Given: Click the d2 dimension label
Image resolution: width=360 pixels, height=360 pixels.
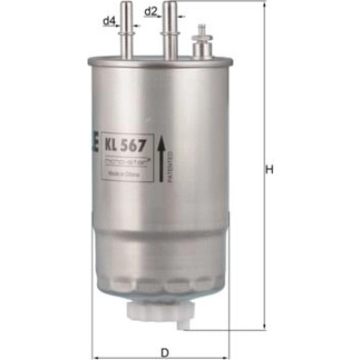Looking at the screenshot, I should (151, 11).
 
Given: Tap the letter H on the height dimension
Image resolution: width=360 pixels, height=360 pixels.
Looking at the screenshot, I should (268, 169).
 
